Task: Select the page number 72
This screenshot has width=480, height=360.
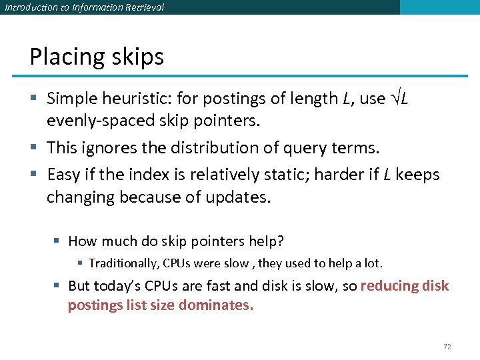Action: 447,347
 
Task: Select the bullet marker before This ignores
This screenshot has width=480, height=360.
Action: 34,148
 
